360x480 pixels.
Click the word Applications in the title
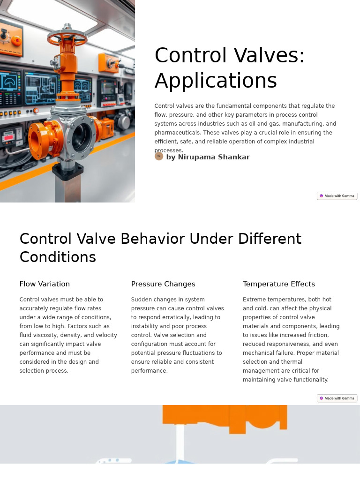tap(216, 81)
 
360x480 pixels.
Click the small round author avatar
tap(159, 156)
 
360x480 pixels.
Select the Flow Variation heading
tap(45, 284)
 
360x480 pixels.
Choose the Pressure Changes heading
tap(163, 284)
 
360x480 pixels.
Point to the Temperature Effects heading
tap(279, 284)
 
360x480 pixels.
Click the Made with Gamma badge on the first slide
tap(337, 196)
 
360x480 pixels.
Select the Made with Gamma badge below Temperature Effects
tap(337, 398)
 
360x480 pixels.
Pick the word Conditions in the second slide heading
tap(58, 257)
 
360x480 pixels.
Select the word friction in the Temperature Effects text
tap(315, 335)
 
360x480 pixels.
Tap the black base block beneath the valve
tap(68, 171)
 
